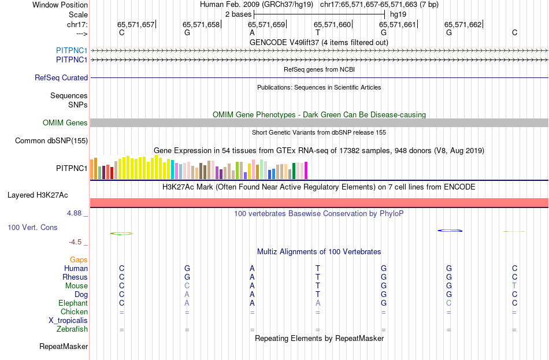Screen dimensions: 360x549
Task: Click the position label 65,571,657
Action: point(136,24)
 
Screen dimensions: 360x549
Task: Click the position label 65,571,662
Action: point(462,24)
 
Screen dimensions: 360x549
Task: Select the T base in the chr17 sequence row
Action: point(317,32)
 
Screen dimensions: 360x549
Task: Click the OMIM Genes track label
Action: point(65,123)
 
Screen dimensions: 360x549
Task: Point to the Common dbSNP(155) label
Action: point(51,140)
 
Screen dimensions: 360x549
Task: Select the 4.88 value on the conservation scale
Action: point(75,213)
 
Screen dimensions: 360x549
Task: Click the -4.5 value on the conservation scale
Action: point(76,242)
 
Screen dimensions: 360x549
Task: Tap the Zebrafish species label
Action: point(72,329)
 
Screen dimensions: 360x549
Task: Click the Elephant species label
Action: point(73,303)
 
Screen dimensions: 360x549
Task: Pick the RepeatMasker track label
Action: point(64,347)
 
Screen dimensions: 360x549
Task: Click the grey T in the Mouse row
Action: point(514,285)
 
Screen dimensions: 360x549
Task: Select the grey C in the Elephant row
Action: point(448,303)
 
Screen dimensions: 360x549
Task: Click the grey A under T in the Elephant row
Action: point(317,303)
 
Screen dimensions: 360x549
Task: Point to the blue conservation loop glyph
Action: point(450,231)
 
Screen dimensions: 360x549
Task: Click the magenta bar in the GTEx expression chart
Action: point(306,170)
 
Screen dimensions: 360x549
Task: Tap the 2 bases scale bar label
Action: point(237,14)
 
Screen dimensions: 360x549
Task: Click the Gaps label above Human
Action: point(79,259)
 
